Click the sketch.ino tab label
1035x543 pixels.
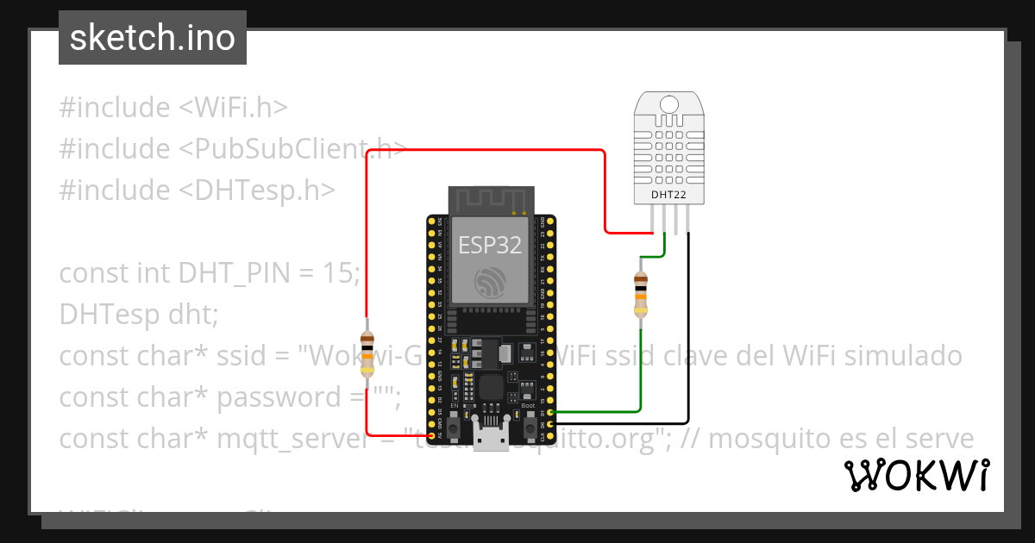coord(152,38)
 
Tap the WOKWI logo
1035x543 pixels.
coord(916,475)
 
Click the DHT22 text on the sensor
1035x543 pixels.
coord(668,195)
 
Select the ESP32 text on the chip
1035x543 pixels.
coord(490,245)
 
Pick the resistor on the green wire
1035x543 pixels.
coord(641,294)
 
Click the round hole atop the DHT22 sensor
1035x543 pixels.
coord(668,104)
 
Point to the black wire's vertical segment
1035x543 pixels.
coord(688,328)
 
